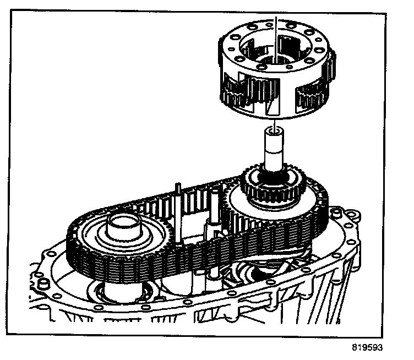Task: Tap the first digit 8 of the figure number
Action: point(355,348)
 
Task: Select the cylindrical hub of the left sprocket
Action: point(124,226)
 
